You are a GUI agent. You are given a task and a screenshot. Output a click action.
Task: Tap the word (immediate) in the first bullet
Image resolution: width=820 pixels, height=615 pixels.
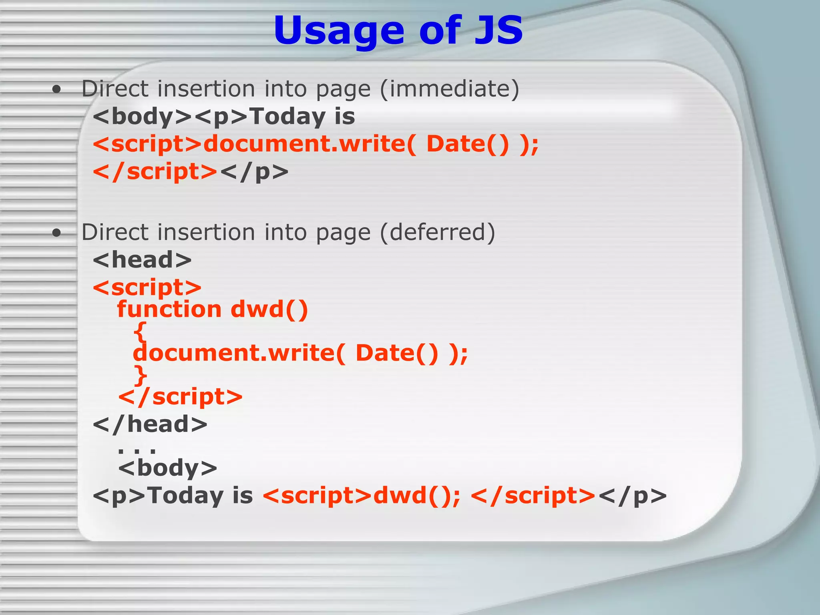pyautogui.click(x=449, y=88)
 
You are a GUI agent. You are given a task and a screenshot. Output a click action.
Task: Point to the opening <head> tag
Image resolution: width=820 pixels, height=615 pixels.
pyautogui.click(x=142, y=260)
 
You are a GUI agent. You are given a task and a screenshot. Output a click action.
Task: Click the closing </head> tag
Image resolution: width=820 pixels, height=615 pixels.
pyautogui.click(x=150, y=424)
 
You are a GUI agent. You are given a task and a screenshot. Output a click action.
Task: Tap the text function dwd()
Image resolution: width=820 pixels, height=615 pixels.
pyautogui.click(x=212, y=310)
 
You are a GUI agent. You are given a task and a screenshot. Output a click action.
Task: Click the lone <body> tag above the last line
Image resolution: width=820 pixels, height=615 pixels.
pyautogui.click(x=167, y=468)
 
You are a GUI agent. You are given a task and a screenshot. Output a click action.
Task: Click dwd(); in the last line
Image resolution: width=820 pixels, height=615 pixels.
pyautogui.click(x=417, y=496)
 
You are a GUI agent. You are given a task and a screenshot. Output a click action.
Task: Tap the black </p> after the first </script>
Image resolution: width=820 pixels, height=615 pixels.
pyautogui.click(x=254, y=172)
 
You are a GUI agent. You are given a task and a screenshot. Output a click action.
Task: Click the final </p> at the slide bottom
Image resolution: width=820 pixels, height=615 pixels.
pyautogui.click(x=633, y=496)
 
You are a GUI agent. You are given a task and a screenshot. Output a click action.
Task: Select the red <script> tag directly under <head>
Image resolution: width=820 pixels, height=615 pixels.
pyautogui.click(x=147, y=287)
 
